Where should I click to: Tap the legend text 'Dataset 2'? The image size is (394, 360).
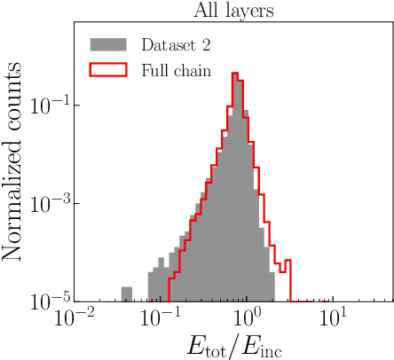176,44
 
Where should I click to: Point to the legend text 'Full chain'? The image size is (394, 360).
176,70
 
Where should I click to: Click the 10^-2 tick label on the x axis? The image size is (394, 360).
73,317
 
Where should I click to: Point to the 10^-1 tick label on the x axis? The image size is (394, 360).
160,317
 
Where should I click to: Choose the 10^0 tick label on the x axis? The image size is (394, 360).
247,317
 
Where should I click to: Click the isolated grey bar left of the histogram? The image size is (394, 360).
127,294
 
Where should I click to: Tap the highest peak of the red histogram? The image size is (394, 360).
235,74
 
